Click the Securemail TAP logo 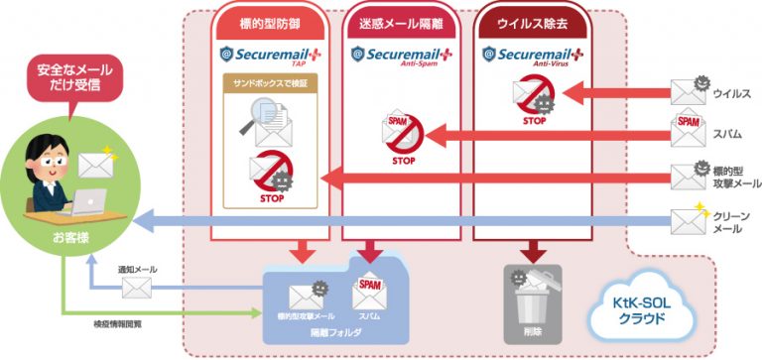(270, 56)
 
